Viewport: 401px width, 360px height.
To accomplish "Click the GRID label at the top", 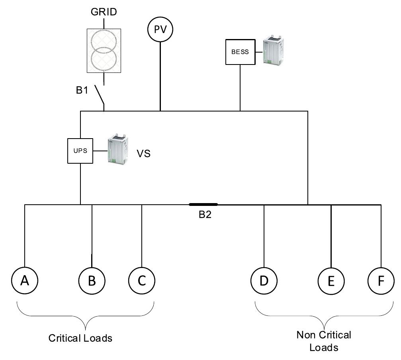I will (104, 12).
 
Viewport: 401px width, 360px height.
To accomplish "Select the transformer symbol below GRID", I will (104, 51).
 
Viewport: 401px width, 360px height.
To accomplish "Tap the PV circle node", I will (160, 29).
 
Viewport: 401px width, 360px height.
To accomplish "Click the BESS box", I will (240, 52).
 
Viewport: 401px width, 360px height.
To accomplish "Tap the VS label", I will (143, 153).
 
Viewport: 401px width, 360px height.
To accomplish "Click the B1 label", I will (82, 90).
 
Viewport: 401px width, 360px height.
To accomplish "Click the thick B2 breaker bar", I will (203, 204).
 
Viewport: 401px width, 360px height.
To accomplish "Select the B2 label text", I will (205, 215).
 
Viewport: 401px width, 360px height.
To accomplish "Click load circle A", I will (25, 280).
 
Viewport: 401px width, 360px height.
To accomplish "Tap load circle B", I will (92, 280).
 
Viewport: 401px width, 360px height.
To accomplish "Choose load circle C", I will (142, 280).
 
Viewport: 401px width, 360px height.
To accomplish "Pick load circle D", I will (264, 280).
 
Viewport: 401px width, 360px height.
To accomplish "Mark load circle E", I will (331, 280).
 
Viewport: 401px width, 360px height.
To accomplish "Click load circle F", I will (381, 280).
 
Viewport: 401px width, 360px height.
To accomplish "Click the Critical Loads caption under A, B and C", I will (80, 338).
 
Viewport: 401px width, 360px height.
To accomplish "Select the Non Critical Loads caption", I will (324, 341).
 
